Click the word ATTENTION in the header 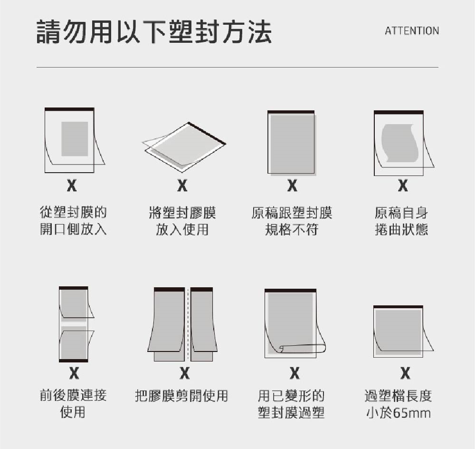(x=411, y=31)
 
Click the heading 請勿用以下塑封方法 (x=154, y=32)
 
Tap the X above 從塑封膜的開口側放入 (x=72, y=186)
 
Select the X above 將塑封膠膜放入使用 (x=182, y=186)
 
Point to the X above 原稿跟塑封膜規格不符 (x=292, y=186)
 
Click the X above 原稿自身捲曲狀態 (x=403, y=186)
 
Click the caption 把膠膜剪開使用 (x=181, y=395)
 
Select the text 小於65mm (x=398, y=412)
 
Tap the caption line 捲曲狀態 (x=401, y=230)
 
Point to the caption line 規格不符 (x=292, y=230)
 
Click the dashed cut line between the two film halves (x=188, y=323)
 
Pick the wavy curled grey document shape (x=400, y=143)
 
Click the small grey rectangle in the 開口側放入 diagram (x=75, y=138)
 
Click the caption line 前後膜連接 (x=73, y=395)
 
